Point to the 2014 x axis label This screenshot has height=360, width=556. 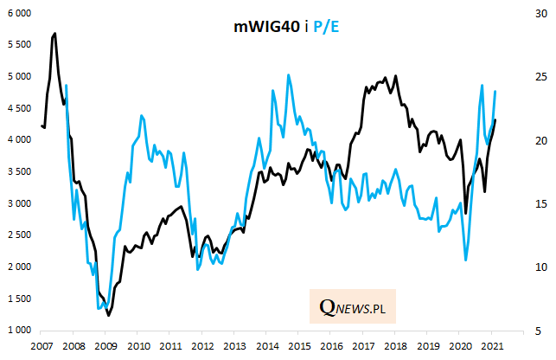(x=265, y=346)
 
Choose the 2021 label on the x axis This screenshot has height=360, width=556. (x=491, y=346)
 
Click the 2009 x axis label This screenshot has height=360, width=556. (x=105, y=346)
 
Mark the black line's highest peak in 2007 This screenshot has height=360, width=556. (x=55, y=34)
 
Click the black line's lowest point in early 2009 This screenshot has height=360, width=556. (x=108, y=315)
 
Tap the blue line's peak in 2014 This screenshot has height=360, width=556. (x=289, y=74)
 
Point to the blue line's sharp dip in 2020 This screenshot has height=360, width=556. (x=466, y=260)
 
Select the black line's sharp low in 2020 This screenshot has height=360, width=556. (x=466, y=213)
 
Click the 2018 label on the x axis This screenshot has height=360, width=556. (x=394, y=346)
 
